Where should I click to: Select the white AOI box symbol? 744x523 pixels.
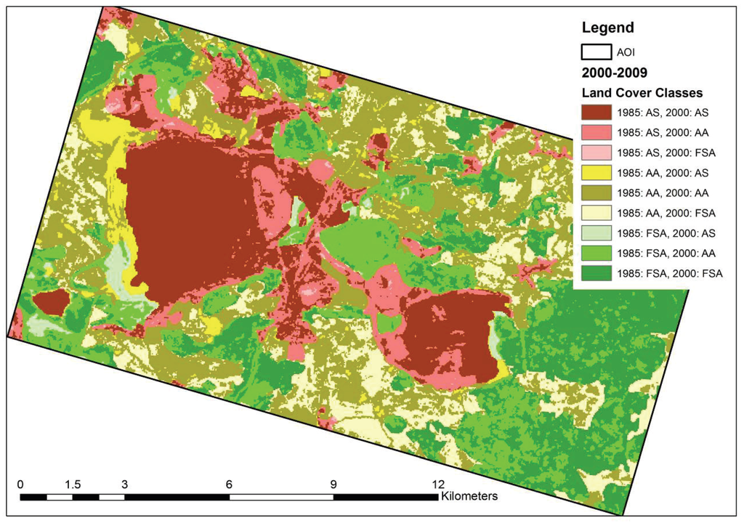(595, 52)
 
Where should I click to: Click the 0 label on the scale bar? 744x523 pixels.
(20, 485)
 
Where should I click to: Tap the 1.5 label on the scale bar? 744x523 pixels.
(72, 485)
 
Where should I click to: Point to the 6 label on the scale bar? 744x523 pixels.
(230, 485)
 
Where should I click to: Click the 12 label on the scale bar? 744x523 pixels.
(437, 485)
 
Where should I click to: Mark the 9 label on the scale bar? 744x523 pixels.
(333, 485)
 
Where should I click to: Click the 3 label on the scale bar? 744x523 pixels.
(125, 485)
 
